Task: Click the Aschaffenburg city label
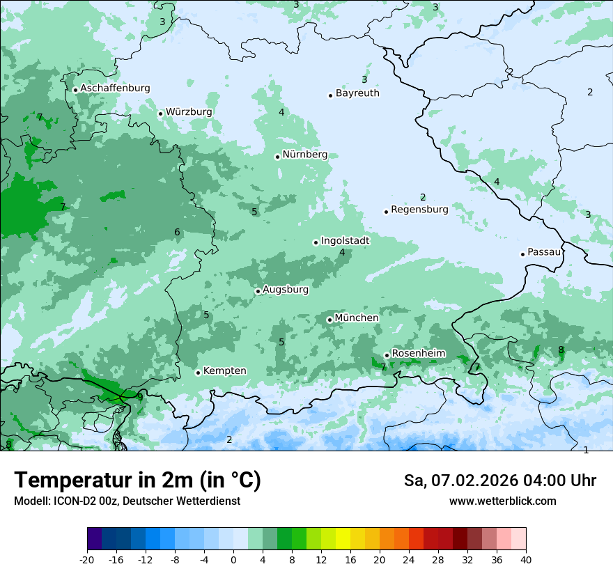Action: (x=115, y=88)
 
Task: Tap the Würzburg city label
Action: (x=189, y=111)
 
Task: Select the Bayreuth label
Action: (x=357, y=93)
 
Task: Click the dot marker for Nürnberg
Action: (x=277, y=157)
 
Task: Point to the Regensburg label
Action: (x=419, y=209)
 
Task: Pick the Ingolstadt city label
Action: (x=345, y=240)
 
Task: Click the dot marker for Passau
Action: (x=522, y=254)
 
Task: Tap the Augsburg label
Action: (x=286, y=289)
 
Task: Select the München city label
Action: (x=357, y=318)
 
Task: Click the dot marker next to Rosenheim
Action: (x=387, y=355)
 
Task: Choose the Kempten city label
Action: (x=224, y=370)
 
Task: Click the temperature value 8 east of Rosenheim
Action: (x=561, y=350)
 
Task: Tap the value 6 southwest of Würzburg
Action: (x=177, y=232)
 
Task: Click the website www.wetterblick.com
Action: (x=502, y=501)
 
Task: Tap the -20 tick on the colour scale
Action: (x=87, y=560)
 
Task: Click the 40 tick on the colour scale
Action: (x=526, y=560)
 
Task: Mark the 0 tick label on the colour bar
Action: (x=233, y=560)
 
